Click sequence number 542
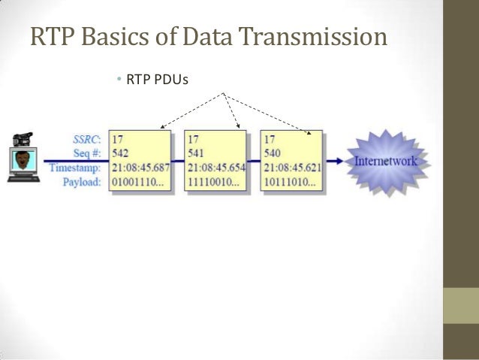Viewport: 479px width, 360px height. (x=121, y=153)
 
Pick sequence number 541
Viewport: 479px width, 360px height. (x=196, y=153)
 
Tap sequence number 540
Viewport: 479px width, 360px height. (x=271, y=153)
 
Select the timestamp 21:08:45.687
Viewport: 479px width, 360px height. (x=140, y=167)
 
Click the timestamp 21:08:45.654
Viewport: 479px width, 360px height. (x=215, y=167)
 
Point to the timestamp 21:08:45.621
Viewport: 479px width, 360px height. (x=291, y=167)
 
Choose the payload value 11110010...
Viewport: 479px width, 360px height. (x=213, y=181)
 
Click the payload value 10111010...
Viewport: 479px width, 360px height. (x=288, y=181)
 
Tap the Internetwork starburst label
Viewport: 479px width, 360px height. (x=384, y=160)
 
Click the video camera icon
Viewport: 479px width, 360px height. (x=23, y=139)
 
